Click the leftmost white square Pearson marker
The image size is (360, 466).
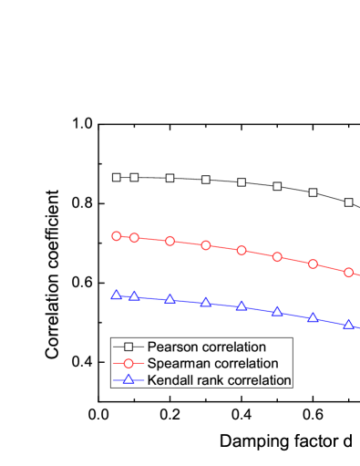click(x=116, y=177)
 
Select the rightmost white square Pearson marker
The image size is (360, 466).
click(x=348, y=202)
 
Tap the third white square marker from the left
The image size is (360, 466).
click(x=170, y=178)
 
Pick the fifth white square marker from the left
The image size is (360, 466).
click(x=242, y=182)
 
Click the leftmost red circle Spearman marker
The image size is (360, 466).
click(x=116, y=236)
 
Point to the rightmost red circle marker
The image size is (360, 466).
click(x=348, y=272)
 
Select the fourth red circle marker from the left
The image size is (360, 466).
click(x=206, y=245)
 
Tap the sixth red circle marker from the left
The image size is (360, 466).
click(x=277, y=257)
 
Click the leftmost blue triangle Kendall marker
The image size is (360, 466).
click(x=116, y=295)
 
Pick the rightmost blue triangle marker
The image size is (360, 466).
click(x=348, y=324)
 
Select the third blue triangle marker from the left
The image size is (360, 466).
click(x=170, y=298)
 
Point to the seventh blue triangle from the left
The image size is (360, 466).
click(x=313, y=317)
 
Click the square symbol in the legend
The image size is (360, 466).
click(x=129, y=347)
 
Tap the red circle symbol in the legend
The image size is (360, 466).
click(x=129, y=364)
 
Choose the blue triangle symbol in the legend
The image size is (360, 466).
click(x=129, y=379)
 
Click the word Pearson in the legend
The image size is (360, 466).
click(x=170, y=347)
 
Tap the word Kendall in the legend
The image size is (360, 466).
click(x=170, y=379)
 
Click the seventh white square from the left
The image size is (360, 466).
click(x=313, y=192)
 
